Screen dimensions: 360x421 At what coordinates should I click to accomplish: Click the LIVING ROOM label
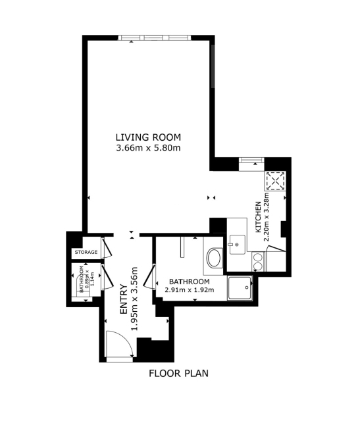[x=148, y=137]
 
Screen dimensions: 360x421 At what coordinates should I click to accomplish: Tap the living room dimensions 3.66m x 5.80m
[x=148, y=148]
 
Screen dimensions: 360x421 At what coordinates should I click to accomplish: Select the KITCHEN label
[x=258, y=217]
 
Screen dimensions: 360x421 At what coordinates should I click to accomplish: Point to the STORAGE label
[x=86, y=252]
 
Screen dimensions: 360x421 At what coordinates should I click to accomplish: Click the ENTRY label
[x=124, y=299]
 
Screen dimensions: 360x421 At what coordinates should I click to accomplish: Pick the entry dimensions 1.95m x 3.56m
[x=135, y=299]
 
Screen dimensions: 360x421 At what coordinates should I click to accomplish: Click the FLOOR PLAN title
[x=178, y=373]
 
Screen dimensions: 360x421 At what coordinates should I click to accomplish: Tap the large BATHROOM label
[x=189, y=282]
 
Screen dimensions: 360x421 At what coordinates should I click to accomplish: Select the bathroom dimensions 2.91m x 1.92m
[x=189, y=290]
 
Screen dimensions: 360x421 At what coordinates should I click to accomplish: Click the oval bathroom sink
[x=214, y=258]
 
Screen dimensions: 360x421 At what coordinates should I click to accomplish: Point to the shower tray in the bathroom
[x=240, y=288]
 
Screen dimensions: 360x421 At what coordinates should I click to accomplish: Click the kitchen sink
[x=237, y=244]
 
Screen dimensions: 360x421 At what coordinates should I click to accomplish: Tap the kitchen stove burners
[x=258, y=262]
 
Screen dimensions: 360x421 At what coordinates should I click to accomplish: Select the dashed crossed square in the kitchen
[x=275, y=182]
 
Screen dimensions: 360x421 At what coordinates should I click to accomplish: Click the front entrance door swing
[x=120, y=345]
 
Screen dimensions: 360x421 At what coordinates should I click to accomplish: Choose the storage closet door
[x=107, y=247]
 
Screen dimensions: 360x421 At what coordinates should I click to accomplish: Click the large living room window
[x=155, y=37]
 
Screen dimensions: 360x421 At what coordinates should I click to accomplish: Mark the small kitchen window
[x=251, y=161]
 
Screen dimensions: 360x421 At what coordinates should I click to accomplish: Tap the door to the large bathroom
[x=149, y=277]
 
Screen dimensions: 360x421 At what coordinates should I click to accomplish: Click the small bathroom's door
[x=107, y=278]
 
